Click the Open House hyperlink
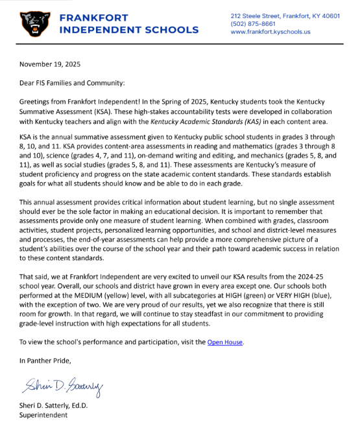225,342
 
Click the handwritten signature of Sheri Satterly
64,387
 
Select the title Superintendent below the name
45,416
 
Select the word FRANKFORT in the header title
93,18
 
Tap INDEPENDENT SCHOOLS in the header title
128,30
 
